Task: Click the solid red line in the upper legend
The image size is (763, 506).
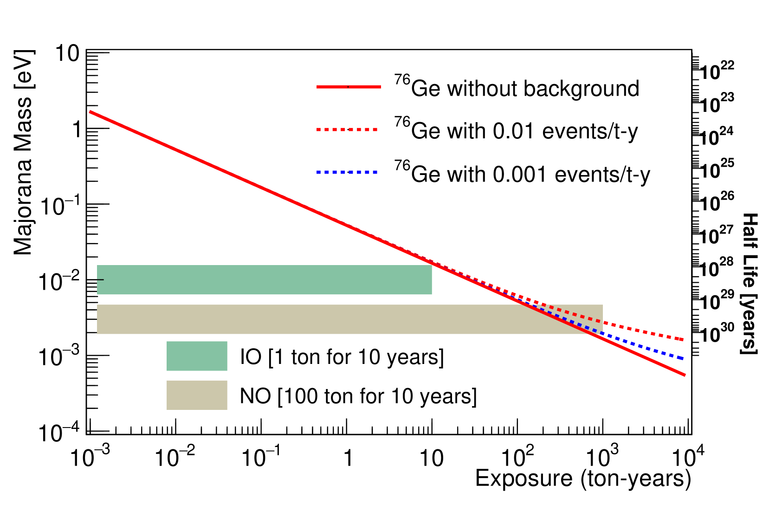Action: click(349, 87)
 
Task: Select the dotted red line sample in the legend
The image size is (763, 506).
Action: click(347, 130)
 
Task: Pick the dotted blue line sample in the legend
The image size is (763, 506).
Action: click(347, 172)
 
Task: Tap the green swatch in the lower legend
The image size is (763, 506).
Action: click(197, 356)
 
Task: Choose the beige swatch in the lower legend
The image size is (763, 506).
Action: click(197, 395)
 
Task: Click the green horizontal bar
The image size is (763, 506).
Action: click(264, 280)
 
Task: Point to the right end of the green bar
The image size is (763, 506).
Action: click(432, 280)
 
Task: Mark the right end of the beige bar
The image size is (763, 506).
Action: click(602, 319)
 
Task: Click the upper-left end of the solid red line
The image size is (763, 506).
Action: click(91, 112)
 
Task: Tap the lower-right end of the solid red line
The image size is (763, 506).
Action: click(685, 375)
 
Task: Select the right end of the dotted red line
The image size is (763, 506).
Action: click(682, 340)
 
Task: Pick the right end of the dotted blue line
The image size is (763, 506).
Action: click(682, 358)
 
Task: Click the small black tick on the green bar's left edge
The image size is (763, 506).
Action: click(100, 280)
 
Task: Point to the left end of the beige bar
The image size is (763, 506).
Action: click(97, 319)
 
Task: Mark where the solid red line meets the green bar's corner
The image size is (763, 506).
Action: click(432, 265)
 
